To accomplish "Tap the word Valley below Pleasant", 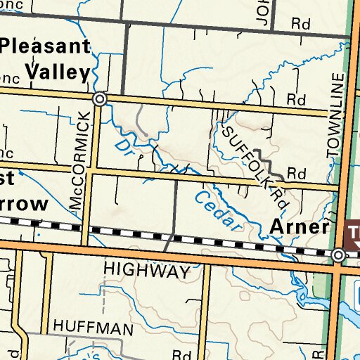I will click(x=59, y=72).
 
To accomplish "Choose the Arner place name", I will click(x=300, y=228).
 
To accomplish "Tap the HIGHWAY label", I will click(x=147, y=270).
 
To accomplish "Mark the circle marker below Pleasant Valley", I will click(x=100, y=100).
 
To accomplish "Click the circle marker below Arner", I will click(x=339, y=255).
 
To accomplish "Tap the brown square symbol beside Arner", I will click(x=353, y=231).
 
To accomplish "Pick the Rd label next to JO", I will click(x=301, y=24).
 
